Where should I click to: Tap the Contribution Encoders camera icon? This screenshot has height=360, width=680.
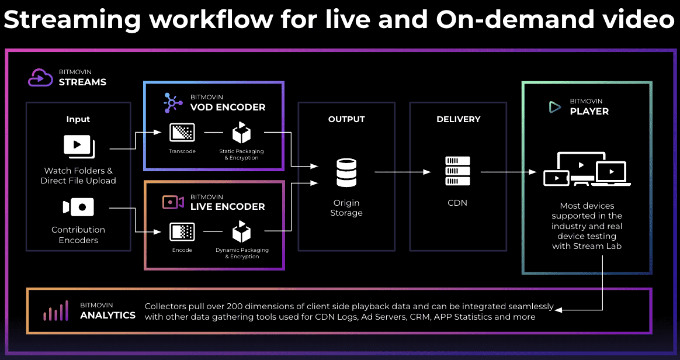pos(78,207)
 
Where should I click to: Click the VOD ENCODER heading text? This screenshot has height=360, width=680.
pos(227,107)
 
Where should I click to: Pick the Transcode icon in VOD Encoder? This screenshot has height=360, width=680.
pos(182,133)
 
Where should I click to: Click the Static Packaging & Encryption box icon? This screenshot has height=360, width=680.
pos(241,133)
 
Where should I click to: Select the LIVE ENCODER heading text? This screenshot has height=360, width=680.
pos(227,206)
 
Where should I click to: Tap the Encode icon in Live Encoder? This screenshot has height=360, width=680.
pos(182,232)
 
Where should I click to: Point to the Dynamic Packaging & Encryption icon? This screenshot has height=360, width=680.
pos(241,232)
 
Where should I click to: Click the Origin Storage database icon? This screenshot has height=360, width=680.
pos(346,172)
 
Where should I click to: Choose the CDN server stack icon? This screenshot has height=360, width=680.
pos(457,172)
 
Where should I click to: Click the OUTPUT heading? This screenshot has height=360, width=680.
pos(346,119)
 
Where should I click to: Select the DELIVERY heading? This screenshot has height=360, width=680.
pos(458,119)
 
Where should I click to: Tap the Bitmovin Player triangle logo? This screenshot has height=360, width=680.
pos(554,107)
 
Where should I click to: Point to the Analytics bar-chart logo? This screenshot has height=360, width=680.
pos(56,311)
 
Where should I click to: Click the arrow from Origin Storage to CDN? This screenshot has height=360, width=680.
pos(403,172)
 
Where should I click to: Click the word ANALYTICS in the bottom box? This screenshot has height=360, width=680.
pos(107,316)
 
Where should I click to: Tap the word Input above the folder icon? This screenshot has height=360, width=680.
pos(78,119)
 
